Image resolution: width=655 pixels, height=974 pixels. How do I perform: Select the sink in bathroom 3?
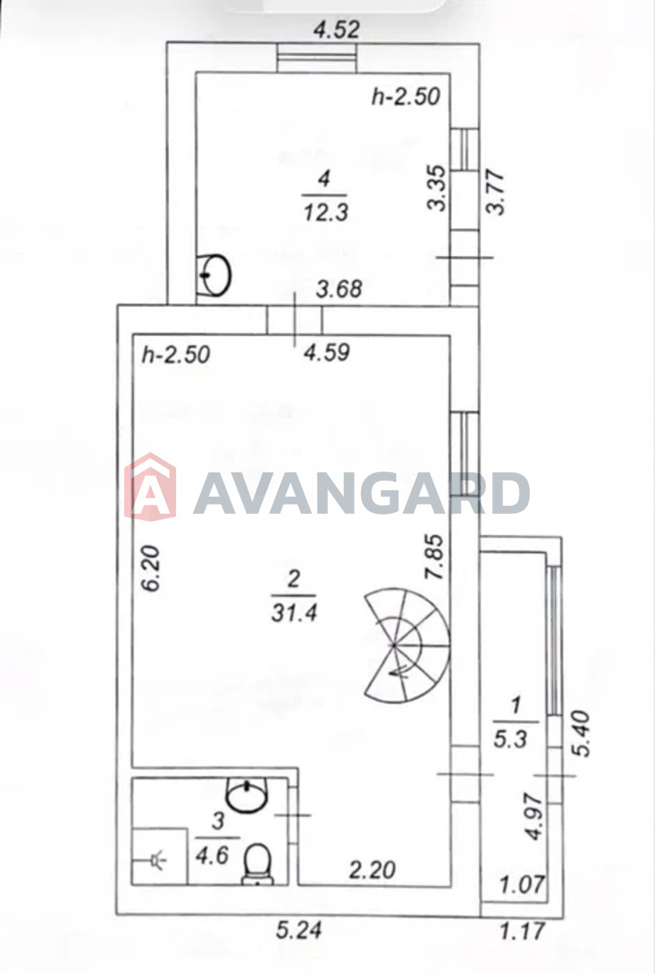(x=246, y=795)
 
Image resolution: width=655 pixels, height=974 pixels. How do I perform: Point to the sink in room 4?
(x=213, y=275)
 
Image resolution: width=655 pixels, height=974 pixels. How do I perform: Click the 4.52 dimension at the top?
(x=337, y=29)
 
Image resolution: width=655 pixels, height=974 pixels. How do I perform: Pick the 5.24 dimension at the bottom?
(x=299, y=929)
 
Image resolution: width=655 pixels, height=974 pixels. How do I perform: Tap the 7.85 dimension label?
(x=435, y=556)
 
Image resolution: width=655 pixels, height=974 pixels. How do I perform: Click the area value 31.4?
(x=294, y=614)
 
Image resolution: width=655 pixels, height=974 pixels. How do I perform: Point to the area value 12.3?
(x=325, y=213)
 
